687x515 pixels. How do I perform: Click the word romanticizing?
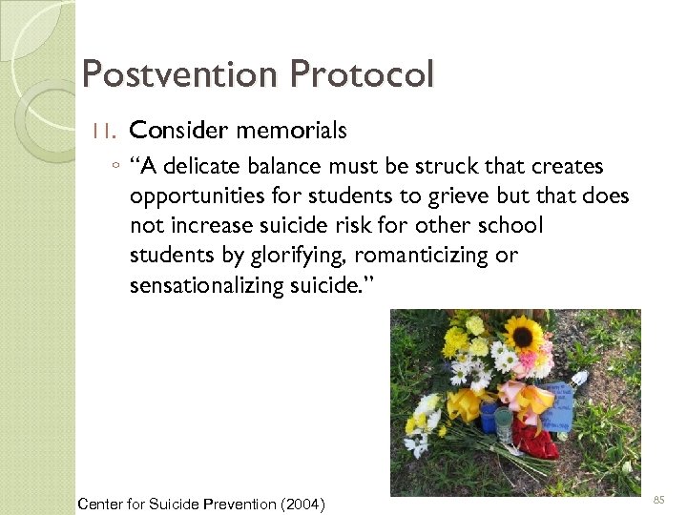point(438,256)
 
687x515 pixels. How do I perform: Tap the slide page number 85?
point(658,499)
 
